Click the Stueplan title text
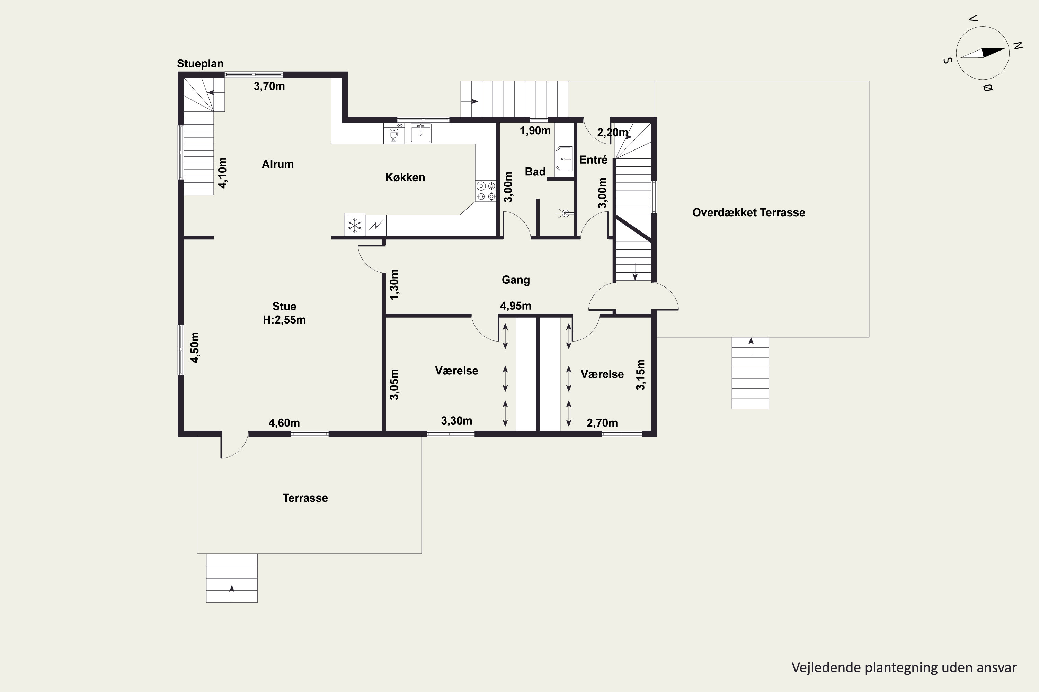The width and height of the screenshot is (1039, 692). pos(200,64)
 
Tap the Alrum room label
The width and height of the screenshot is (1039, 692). pos(277,164)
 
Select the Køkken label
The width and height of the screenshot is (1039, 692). pos(405,177)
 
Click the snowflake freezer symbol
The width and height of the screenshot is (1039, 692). pos(354,225)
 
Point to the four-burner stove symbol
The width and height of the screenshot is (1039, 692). pos(486,191)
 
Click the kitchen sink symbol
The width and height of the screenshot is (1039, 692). pos(420,133)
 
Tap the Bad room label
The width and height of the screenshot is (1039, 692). pos(535,172)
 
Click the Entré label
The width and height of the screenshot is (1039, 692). pos(593,160)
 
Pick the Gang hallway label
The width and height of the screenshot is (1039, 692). pos(516,280)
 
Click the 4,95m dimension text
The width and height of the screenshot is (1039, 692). pos(516,306)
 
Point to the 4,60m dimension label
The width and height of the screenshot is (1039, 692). pos(284,423)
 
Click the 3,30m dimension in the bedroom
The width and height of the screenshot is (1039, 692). pos(456,421)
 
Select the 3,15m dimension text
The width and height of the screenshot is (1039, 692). pos(640,375)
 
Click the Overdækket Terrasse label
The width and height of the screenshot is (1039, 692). pos(749,213)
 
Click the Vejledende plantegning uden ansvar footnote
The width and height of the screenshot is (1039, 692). pos(904,668)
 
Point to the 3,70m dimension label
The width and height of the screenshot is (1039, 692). pos(269,86)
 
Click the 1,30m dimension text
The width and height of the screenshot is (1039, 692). pos(394,285)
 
